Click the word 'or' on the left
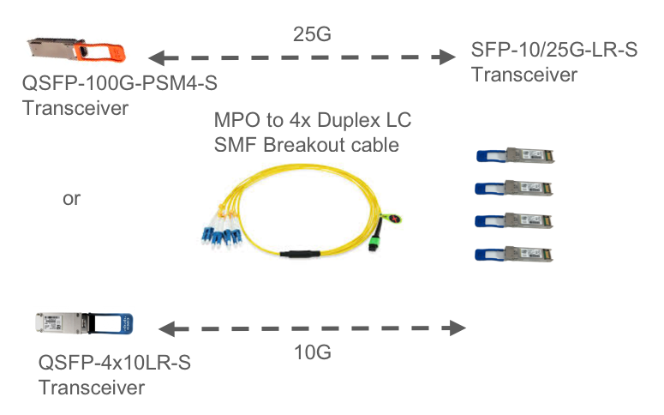[72, 199]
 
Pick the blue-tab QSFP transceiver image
[85, 327]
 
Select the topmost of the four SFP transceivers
[519, 155]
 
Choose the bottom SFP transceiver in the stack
[519, 253]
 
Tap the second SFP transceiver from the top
[519, 187]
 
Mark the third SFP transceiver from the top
[519, 220]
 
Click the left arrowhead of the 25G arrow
[155, 58]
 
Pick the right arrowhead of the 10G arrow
[461, 328]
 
